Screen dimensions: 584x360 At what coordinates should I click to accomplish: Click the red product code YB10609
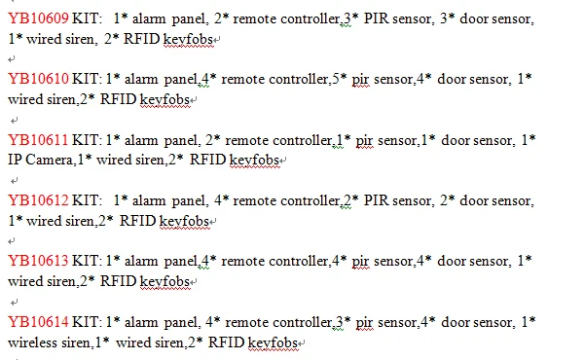38,18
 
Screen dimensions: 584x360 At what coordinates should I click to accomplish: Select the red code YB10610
38,79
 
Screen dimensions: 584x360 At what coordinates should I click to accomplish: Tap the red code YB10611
38,140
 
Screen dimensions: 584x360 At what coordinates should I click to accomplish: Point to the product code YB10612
38,200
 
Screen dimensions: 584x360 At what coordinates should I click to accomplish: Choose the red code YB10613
38,261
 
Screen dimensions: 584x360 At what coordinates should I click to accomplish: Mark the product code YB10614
38,322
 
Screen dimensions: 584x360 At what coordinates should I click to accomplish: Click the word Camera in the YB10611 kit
49,160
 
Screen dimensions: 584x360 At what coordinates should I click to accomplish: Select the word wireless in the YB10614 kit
32,342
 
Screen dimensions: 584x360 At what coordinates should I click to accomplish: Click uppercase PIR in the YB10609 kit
377,18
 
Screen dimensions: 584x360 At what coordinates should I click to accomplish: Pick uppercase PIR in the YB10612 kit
377,200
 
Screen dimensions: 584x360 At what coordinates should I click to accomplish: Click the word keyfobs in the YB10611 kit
254,161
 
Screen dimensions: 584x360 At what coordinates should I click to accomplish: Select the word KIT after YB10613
86,261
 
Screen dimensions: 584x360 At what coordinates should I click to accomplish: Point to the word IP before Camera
15,160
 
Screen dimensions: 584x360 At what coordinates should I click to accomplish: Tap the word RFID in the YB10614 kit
226,342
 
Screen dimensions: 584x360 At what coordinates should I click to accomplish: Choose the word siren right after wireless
77,342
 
